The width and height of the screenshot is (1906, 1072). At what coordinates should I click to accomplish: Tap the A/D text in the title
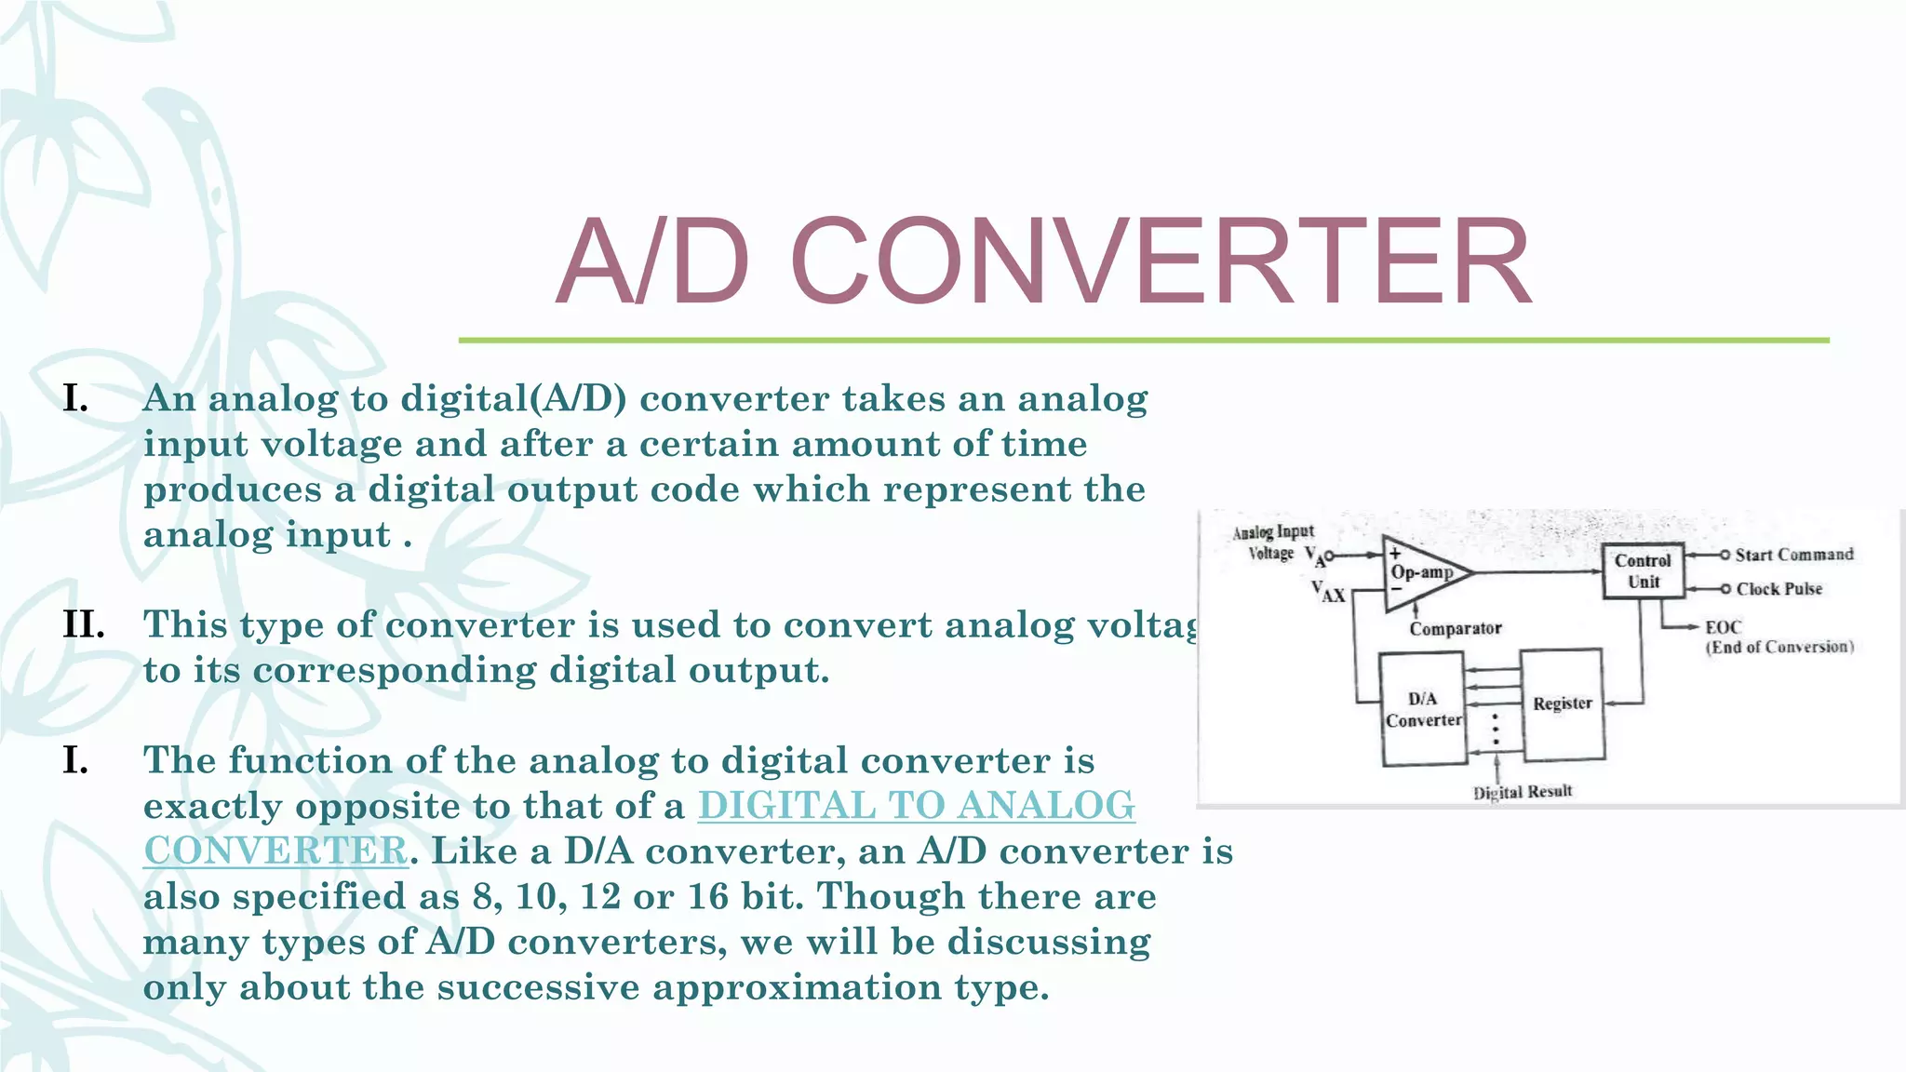click(x=651, y=261)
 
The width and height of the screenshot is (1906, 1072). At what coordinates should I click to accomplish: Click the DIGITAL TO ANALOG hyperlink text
click(x=916, y=806)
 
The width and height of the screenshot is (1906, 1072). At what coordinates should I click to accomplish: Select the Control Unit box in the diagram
click(x=1643, y=570)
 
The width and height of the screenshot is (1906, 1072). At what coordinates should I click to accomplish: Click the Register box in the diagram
click(x=1563, y=703)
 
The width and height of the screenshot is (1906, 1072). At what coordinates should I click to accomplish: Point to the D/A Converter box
click(x=1422, y=709)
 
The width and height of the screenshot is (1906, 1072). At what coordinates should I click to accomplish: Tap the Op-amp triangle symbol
click(x=1424, y=572)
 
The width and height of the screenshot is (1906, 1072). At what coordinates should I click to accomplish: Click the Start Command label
click(x=1793, y=555)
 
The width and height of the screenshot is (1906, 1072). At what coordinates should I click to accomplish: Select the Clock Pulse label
click(x=1778, y=589)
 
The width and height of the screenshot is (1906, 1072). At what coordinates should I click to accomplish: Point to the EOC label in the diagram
click(x=1723, y=627)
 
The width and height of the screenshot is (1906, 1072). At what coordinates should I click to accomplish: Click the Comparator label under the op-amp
click(x=1455, y=629)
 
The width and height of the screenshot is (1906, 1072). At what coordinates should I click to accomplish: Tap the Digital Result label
click(x=1523, y=792)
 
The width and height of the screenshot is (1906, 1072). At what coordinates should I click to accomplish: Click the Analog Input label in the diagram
click(x=1273, y=532)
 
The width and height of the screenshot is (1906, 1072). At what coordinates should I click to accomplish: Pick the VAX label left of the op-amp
click(x=1328, y=592)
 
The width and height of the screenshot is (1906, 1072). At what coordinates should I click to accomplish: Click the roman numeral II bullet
click(x=84, y=624)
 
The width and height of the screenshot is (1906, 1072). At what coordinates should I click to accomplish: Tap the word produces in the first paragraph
click(x=232, y=489)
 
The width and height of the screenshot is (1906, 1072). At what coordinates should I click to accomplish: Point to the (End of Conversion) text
click(x=1778, y=648)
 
